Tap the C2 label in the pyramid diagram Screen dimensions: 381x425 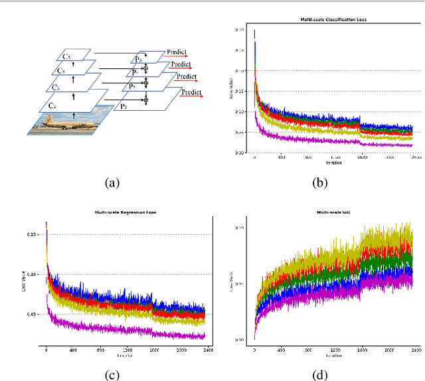click(52, 105)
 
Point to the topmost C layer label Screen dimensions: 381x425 click(66, 57)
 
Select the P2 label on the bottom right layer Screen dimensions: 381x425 click(123, 106)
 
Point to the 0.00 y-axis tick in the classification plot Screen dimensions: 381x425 click(240, 153)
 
